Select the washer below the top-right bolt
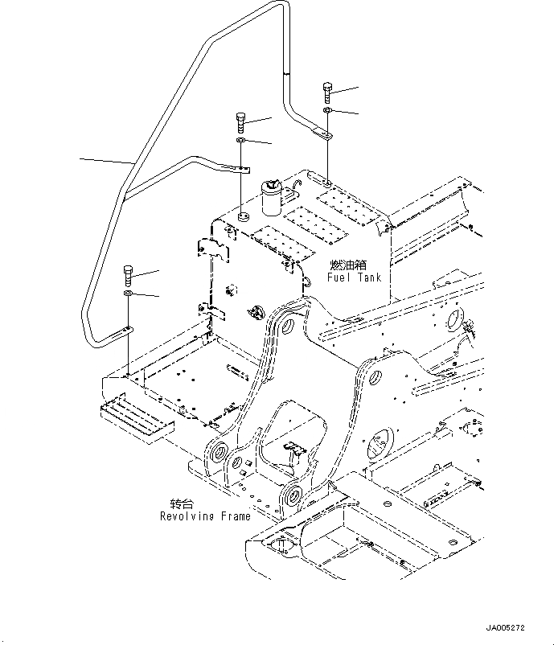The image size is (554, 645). click(327, 110)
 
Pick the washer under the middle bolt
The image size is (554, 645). click(241, 142)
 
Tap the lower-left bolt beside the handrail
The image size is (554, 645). click(129, 277)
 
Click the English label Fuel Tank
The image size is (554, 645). click(354, 277)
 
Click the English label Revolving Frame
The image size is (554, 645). click(204, 516)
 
